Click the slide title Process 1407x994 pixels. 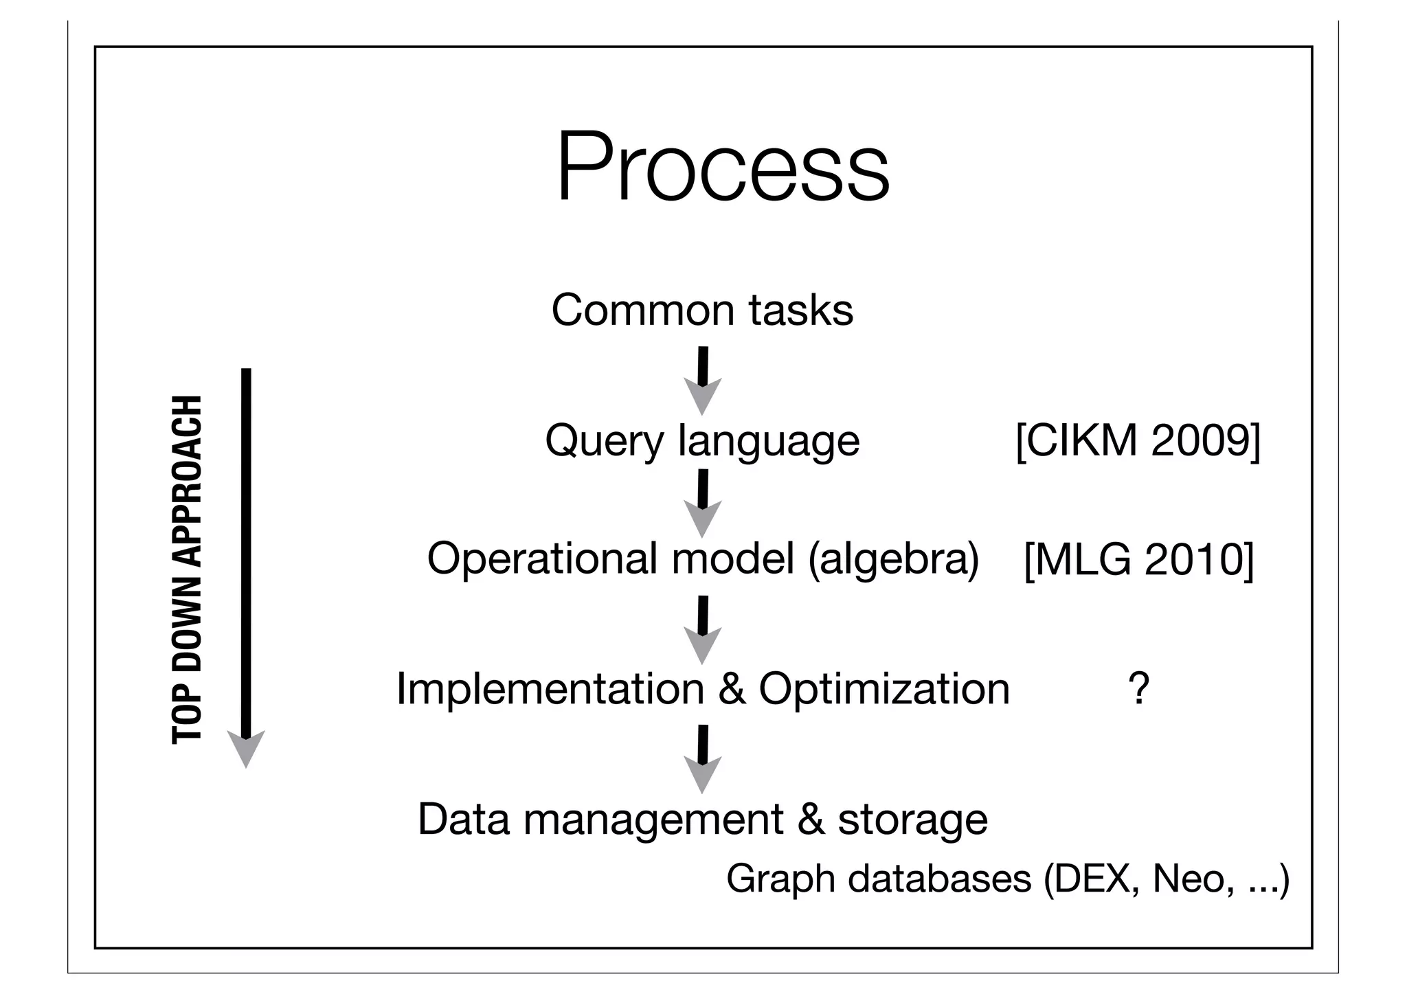click(x=723, y=168)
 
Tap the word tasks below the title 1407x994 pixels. click(x=801, y=310)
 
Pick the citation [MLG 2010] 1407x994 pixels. click(x=1138, y=559)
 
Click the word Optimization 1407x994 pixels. click(x=884, y=688)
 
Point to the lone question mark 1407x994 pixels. click(x=1138, y=688)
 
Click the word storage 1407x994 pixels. click(x=912, y=820)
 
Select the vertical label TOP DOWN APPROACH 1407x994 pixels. click(x=187, y=569)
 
